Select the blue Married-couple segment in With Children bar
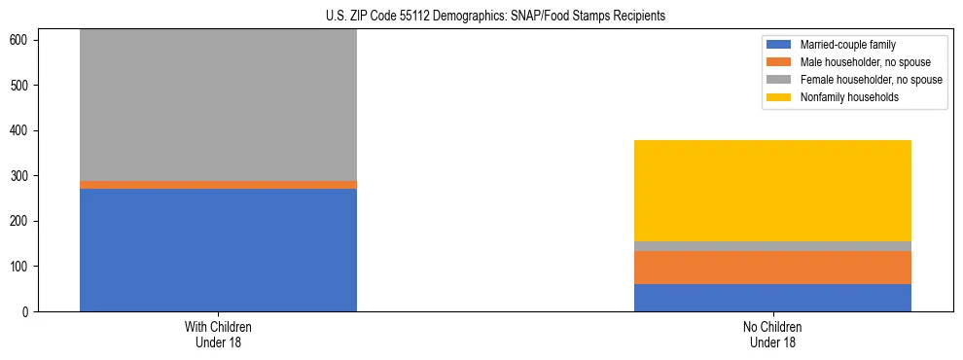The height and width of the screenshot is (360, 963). point(218,250)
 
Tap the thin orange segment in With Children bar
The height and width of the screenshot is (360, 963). point(218,185)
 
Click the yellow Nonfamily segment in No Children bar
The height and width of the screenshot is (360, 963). point(772,191)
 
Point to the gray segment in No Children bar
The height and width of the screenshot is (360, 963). point(772,246)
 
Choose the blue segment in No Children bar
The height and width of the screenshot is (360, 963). point(772,298)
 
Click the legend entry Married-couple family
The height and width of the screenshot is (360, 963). point(847,45)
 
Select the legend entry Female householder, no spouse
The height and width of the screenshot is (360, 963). point(866,80)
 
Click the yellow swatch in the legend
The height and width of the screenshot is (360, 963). point(780,97)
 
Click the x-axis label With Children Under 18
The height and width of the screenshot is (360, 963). point(218,334)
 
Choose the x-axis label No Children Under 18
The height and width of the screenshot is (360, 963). point(772,334)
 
